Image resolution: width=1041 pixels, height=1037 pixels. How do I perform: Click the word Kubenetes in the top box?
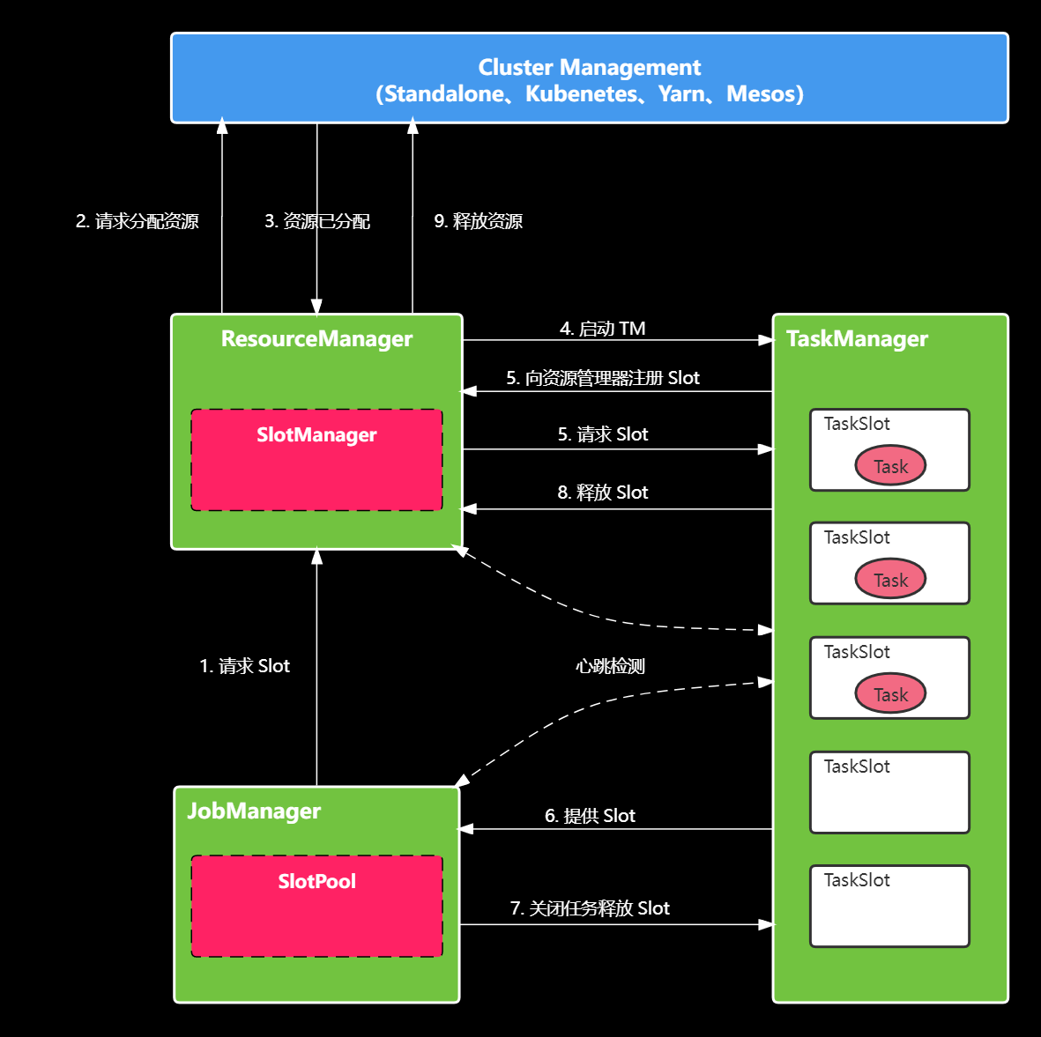click(582, 94)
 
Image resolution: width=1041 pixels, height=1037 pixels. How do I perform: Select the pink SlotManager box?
click(316, 460)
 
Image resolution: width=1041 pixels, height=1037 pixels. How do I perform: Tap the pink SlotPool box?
click(316, 906)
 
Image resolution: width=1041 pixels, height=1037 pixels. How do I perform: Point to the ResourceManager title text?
click(316, 339)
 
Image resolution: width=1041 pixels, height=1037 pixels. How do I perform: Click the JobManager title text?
click(254, 811)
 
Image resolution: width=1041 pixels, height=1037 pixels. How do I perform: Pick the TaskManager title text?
click(857, 339)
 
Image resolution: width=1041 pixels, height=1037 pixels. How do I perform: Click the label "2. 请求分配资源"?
click(138, 221)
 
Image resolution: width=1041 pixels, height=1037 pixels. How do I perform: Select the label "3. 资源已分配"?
click(317, 221)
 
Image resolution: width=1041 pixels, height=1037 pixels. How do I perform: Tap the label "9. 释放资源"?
click(478, 221)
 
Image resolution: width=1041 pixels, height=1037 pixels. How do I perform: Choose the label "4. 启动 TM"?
click(603, 329)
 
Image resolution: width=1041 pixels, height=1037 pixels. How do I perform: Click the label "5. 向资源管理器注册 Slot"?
click(603, 378)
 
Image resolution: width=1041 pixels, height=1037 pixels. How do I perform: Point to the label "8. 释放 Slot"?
click(603, 493)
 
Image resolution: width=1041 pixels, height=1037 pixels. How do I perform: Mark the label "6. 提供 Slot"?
click(590, 816)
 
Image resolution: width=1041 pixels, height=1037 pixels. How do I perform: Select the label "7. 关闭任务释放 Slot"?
click(590, 908)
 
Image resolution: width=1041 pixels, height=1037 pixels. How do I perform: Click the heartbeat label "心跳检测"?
click(610, 666)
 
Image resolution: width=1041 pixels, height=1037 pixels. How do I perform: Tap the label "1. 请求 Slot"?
click(244, 666)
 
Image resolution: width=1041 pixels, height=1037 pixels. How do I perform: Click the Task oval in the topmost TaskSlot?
click(890, 466)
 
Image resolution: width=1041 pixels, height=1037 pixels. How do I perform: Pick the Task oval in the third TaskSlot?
click(890, 694)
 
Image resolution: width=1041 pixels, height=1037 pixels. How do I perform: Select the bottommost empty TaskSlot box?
click(889, 906)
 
